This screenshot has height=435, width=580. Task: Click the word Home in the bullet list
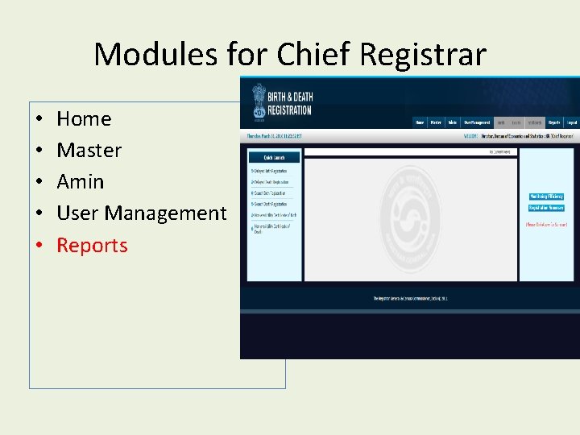tap(84, 119)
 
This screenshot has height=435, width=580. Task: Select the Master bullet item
tap(89, 151)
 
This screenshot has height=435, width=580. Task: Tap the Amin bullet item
tap(80, 182)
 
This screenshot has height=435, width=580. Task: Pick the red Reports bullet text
tap(92, 246)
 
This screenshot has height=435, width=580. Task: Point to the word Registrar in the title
tap(423, 55)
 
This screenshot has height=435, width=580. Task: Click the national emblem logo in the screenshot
tap(259, 100)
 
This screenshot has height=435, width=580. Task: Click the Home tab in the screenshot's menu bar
tap(419, 122)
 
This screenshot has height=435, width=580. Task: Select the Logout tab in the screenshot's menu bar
tap(571, 122)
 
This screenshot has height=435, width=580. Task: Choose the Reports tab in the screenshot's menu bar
tap(554, 122)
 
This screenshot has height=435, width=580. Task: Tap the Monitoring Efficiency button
tap(545, 197)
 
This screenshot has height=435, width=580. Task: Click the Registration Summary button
tap(545, 208)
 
